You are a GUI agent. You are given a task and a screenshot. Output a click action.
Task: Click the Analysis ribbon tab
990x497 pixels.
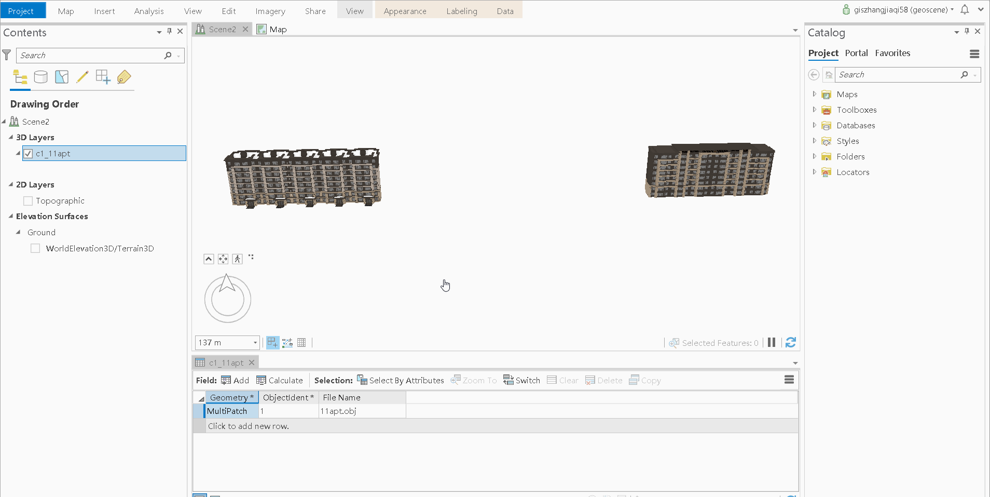click(149, 11)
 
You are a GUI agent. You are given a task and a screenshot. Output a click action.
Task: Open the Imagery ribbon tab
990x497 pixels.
click(270, 11)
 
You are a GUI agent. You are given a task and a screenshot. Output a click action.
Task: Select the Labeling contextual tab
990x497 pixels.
click(462, 11)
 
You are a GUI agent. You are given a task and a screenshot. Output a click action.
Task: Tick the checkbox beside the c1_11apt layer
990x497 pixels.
click(28, 154)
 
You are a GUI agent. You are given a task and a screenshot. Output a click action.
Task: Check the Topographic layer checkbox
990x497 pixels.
click(28, 201)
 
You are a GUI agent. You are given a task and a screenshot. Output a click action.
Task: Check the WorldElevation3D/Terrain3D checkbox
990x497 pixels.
click(35, 249)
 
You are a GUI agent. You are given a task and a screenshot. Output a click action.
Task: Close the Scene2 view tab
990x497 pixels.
click(245, 30)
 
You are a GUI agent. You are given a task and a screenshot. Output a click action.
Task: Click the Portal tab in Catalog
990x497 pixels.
click(856, 53)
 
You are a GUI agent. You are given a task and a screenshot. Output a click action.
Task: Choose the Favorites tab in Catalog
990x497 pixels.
click(892, 53)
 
